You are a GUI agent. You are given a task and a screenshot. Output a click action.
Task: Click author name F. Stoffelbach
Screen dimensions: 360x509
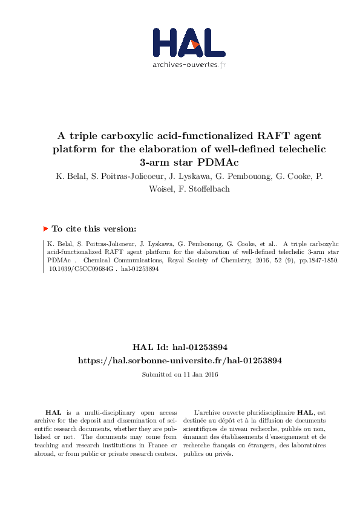(x=206, y=189)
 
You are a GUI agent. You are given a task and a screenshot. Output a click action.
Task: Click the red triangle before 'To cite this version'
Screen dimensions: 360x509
(x=45, y=229)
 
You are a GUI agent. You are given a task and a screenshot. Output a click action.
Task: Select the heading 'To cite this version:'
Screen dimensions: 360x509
(x=94, y=229)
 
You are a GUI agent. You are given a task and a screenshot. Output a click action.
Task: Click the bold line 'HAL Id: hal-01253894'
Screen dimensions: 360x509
(x=180, y=348)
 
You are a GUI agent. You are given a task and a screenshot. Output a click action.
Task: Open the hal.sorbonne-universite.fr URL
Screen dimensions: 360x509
(x=180, y=360)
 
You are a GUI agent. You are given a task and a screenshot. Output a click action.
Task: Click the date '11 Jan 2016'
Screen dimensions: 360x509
(x=200, y=374)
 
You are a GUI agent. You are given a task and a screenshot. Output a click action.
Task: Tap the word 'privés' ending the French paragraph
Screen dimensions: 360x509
(x=224, y=453)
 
